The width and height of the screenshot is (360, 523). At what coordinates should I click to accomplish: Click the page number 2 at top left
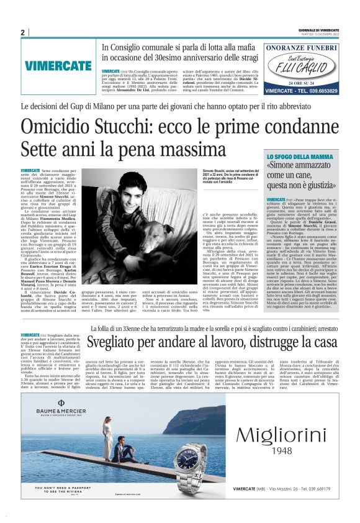pos(22,32)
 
